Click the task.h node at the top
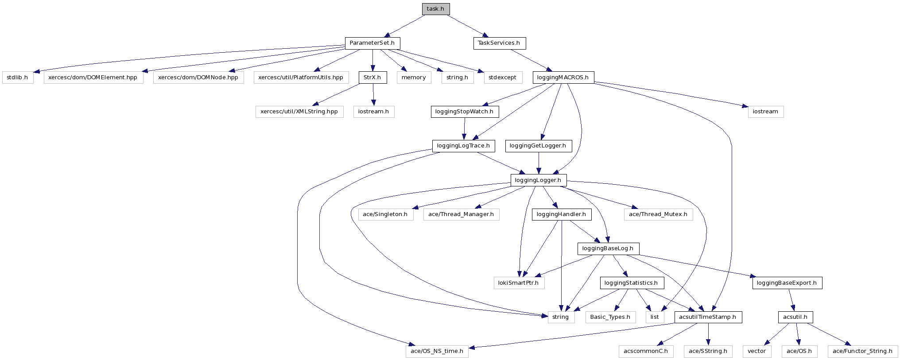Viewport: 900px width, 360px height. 435,9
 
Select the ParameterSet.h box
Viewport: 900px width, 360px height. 372,43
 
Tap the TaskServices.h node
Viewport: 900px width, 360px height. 499,43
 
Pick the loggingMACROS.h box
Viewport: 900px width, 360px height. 562,77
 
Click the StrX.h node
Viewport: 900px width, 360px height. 372,77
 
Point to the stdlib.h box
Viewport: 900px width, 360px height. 17,77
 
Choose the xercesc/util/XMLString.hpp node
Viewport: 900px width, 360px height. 299,112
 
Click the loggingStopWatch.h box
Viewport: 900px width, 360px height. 464,112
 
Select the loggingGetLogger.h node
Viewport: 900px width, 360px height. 538,146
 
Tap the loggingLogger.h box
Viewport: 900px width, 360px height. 538,180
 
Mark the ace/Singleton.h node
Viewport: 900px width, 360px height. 385,214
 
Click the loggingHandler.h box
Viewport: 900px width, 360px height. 561,214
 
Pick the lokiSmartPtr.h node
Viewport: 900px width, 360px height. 518,283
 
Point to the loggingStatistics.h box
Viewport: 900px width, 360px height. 631,283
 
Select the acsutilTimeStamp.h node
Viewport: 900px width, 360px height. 707,317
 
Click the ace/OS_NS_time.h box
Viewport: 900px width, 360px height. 437,351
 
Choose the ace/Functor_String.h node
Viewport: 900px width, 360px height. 862,351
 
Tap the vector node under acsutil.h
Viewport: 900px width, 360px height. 756,351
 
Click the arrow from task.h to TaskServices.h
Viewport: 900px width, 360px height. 467,26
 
